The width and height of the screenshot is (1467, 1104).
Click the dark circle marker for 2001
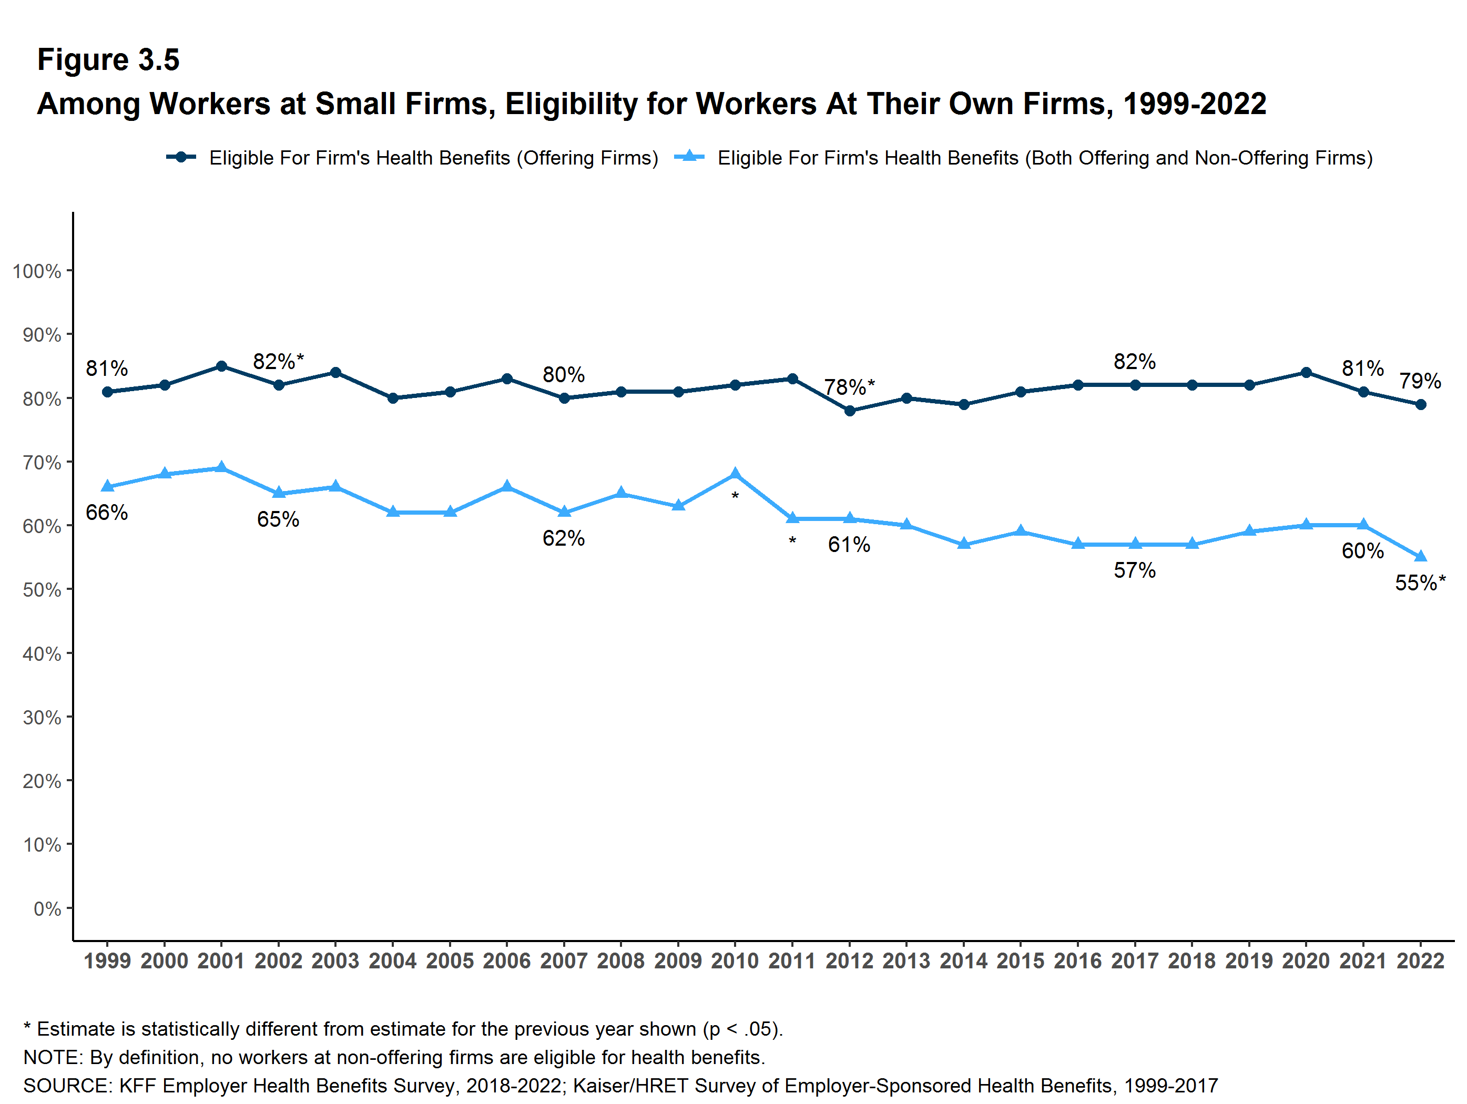[x=221, y=366]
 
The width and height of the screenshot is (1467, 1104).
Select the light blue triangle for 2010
[x=735, y=474]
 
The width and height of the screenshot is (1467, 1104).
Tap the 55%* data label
[x=1420, y=583]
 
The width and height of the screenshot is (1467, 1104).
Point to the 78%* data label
[x=849, y=386]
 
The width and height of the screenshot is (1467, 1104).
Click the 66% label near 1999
[x=107, y=513]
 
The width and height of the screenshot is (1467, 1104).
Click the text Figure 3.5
[x=108, y=60]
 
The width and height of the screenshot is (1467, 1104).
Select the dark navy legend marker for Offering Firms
[x=181, y=157]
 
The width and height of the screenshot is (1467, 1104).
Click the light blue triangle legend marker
[x=689, y=157]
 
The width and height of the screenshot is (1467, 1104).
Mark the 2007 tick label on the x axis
[x=564, y=961]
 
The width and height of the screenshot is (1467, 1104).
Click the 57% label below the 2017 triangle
[x=1135, y=570]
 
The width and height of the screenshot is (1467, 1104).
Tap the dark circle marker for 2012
[x=850, y=411]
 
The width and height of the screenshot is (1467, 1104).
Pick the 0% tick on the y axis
[x=47, y=909]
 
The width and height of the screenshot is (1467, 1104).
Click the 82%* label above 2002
[x=278, y=361]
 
